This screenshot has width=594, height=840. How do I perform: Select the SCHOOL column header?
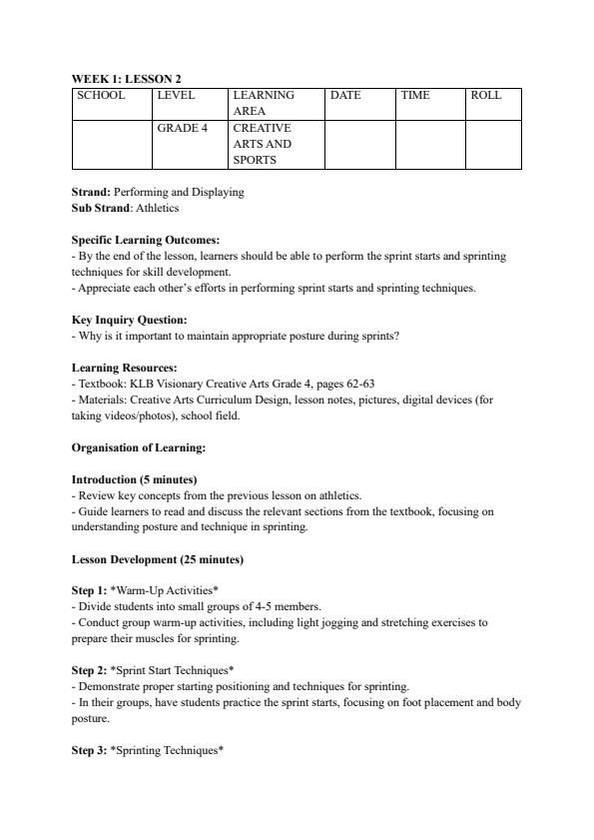101,96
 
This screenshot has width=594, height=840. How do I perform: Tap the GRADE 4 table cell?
181,129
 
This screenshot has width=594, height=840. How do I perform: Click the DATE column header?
345,96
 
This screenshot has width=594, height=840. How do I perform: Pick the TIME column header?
415,96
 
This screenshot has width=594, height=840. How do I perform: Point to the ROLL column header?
486,96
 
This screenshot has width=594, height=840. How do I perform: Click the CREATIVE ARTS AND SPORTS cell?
262,144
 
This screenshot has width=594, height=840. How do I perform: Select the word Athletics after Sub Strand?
157,208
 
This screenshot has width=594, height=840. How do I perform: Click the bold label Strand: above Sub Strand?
91,192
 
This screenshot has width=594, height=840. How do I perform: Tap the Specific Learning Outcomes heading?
146,240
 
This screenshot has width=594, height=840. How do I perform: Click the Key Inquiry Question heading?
129,320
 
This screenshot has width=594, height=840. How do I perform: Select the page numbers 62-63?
360,384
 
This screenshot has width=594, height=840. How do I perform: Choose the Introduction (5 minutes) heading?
134,479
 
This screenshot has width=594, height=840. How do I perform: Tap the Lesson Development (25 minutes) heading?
157,559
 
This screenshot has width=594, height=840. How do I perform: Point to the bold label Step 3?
91,751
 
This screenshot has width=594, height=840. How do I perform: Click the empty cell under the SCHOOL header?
112,144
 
